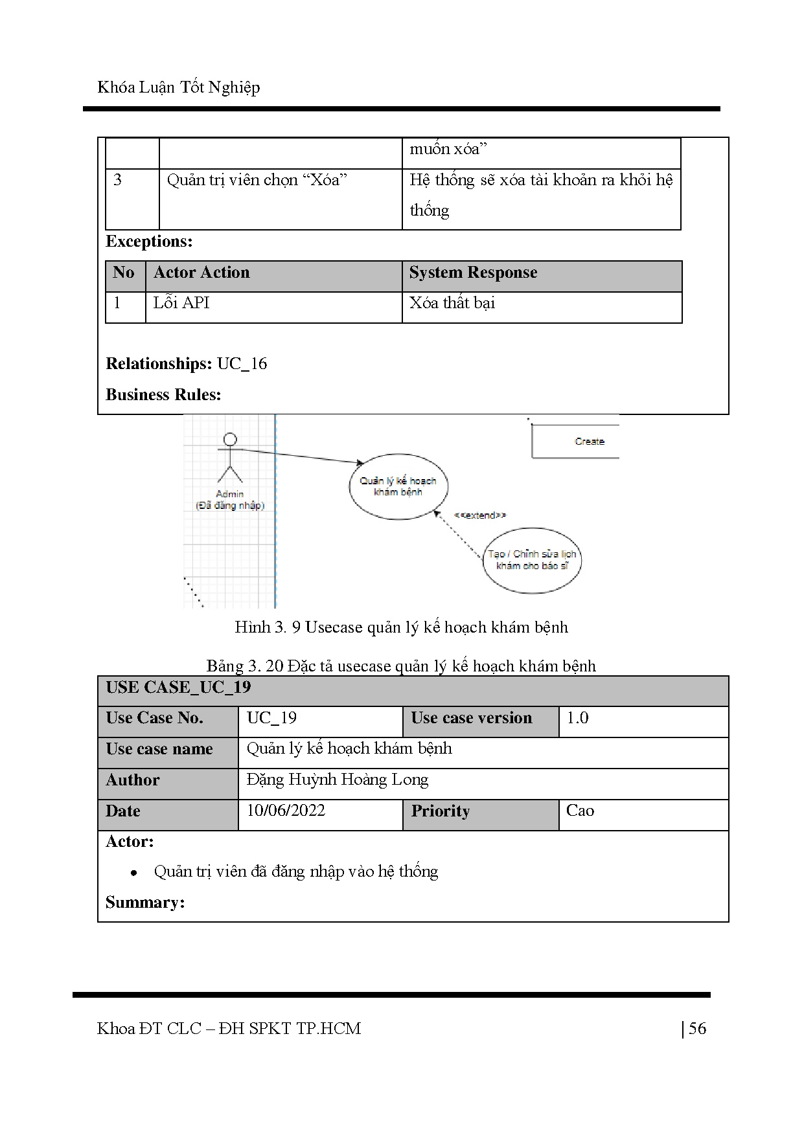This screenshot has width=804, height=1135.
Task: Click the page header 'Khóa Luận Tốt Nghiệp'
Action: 178,87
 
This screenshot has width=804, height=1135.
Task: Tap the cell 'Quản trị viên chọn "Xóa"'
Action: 257,180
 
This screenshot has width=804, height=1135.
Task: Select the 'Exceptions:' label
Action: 149,242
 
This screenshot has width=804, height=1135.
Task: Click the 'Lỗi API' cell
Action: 181,303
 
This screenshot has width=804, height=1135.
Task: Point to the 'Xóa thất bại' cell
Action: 452,303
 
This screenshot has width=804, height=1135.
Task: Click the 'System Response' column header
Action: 473,273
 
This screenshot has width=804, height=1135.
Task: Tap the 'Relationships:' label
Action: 159,364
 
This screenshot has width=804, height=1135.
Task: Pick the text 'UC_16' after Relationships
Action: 242,364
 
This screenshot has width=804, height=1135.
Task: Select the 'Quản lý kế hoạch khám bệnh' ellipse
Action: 398,486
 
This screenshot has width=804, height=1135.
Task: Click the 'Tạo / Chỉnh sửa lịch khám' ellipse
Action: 532,560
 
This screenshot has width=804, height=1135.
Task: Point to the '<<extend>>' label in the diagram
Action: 479,515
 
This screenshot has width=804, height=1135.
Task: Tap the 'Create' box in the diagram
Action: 589,442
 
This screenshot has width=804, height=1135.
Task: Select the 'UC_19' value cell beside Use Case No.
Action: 272,718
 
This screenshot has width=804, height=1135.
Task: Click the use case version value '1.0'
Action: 577,718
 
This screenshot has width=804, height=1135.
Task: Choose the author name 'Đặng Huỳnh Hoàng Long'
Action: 338,780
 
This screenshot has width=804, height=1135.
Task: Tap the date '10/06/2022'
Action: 286,811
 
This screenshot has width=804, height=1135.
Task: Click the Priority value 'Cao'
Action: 580,811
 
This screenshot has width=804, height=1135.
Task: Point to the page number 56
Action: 697,1029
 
